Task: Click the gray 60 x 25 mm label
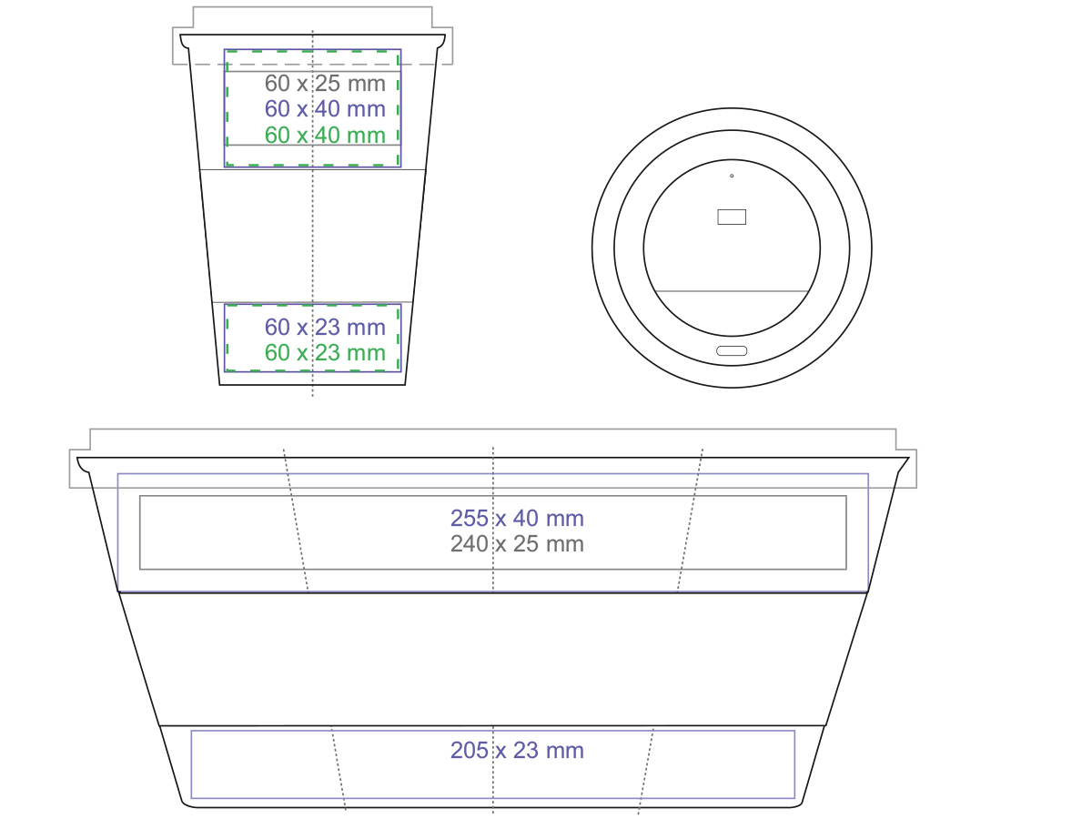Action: click(x=325, y=84)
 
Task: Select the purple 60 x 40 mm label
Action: click(x=325, y=109)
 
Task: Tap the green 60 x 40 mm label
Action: click(x=325, y=136)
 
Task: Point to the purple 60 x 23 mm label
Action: click(x=325, y=328)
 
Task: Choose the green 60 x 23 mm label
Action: click(x=325, y=352)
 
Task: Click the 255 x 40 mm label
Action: click(x=517, y=519)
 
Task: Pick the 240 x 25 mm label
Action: click(x=517, y=544)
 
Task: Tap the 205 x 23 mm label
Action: click(x=517, y=751)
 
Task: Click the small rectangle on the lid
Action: click(x=732, y=217)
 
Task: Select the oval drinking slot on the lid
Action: click(x=732, y=351)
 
